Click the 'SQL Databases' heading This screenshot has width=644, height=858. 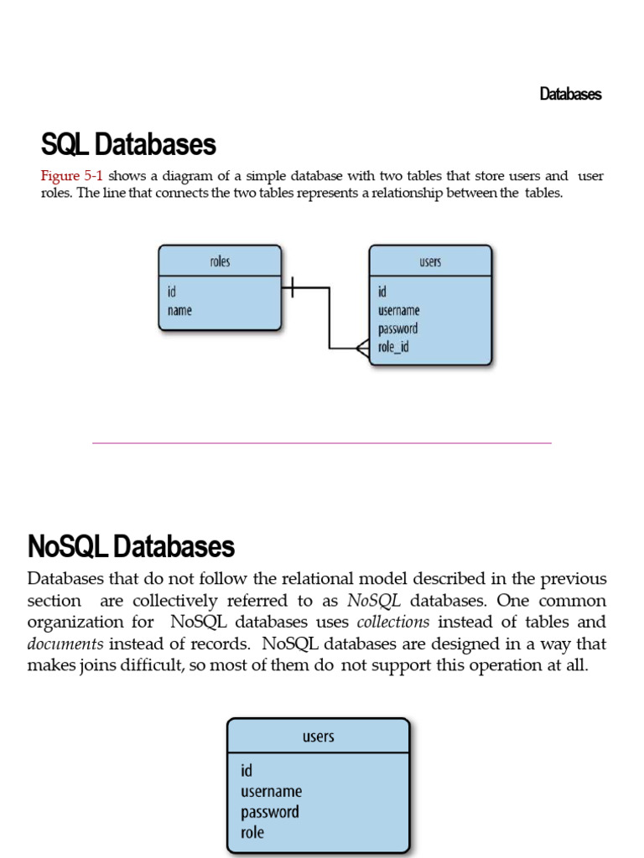(128, 145)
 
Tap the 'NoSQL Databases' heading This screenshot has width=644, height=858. (131, 547)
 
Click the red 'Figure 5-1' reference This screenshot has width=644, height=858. (72, 176)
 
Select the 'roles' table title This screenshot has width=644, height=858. (220, 261)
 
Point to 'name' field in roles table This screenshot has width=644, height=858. (179, 310)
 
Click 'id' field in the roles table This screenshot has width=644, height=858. (172, 292)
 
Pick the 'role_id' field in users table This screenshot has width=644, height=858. (393, 347)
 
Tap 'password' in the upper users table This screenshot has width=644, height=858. (397, 328)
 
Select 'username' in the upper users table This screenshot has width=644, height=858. (399, 310)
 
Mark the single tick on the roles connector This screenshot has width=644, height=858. (291, 288)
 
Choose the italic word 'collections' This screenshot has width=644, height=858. (393, 622)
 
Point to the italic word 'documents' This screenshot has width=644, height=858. (65, 643)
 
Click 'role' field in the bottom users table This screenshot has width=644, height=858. (252, 832)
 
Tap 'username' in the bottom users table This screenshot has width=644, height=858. (271, 791)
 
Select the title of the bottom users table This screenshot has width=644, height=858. (318, 737)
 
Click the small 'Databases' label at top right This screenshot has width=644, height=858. (570, 94)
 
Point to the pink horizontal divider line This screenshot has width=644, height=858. (322, 442)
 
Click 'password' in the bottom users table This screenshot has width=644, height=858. (270, 812)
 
